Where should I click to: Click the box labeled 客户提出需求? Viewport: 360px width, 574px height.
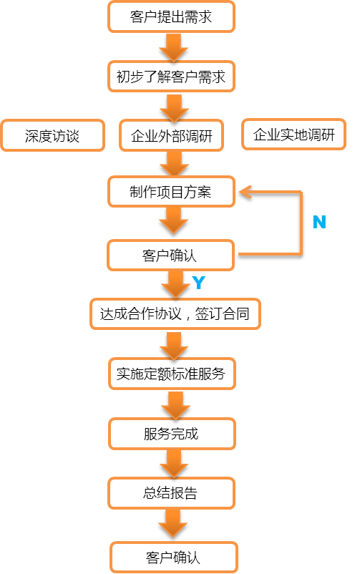[171, 16]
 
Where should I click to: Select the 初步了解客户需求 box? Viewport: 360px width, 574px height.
[171, 77]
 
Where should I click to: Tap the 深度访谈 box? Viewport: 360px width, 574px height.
[52, 135]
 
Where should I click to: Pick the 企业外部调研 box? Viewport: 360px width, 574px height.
[171, 135]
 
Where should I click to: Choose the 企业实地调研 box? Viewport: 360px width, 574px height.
[293, 135]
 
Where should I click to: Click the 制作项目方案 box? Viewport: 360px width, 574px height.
[171, 192]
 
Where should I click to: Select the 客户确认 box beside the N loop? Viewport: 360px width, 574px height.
[170, 256]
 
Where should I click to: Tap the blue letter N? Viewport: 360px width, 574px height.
[319, 222]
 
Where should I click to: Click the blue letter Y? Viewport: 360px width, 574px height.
[198, 282]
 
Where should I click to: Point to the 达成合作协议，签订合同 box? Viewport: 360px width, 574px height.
[175, 313]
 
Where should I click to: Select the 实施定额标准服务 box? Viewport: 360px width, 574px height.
[172, 374]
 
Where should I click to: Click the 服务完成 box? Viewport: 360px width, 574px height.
[172, 434]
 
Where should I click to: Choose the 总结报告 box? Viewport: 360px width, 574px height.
[171, 493]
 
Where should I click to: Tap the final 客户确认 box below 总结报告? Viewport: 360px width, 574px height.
[174, 558]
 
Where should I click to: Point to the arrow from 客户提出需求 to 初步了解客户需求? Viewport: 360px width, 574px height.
[174, 47]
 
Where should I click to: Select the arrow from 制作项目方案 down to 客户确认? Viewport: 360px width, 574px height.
[174, 220]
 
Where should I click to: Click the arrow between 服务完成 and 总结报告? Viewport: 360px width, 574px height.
[174, 464]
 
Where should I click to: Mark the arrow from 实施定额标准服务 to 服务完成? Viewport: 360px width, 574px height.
[175, 405]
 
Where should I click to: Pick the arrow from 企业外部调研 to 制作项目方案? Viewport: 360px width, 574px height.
[175, 164]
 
